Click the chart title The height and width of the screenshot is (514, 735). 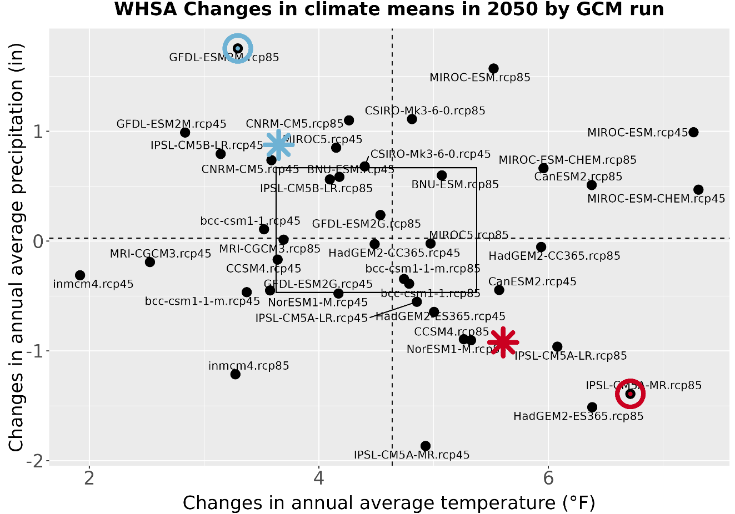pos(389,9)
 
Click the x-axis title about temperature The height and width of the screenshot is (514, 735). pos(389,502)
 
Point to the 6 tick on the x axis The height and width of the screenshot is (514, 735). pos(548,478)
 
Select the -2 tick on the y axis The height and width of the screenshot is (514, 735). pos(37,461)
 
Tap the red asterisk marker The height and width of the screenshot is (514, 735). pos(503,342)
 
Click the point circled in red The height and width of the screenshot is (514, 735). pos(630,394)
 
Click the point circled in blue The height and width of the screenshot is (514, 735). pos(238,48)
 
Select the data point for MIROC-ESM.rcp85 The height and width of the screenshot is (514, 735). pos(493,68)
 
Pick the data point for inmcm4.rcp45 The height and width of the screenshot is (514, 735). pos(80,275)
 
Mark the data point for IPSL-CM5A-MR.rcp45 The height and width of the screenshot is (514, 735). pos(426,446)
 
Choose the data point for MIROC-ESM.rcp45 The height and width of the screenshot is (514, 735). pos(693,132)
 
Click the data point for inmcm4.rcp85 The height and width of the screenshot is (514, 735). pos(235,374)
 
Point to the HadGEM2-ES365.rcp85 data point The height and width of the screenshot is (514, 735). pos(592,407)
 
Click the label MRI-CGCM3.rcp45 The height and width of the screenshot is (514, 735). pos(160,254)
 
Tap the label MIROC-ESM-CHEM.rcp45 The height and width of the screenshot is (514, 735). pos(656,199)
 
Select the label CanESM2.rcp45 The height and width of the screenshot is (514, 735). pos(532,281)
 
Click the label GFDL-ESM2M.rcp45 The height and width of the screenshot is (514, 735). pos(171,124)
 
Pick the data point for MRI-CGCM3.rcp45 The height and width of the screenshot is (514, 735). pos(149,262)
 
